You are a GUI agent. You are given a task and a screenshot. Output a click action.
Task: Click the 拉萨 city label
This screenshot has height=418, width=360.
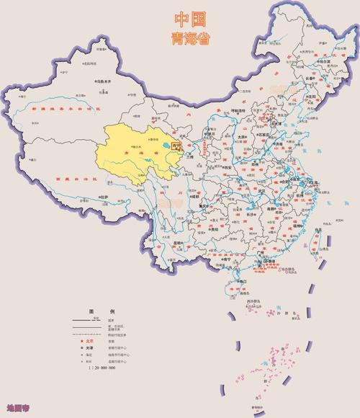pyautogui.click(x=106, y=196)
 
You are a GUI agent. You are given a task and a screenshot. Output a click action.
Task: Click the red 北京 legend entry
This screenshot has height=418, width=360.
pyautogui.click(x=90, y=341)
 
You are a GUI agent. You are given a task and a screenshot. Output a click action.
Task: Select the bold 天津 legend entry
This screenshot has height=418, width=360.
pyautogui.click(x=90, y=348)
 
